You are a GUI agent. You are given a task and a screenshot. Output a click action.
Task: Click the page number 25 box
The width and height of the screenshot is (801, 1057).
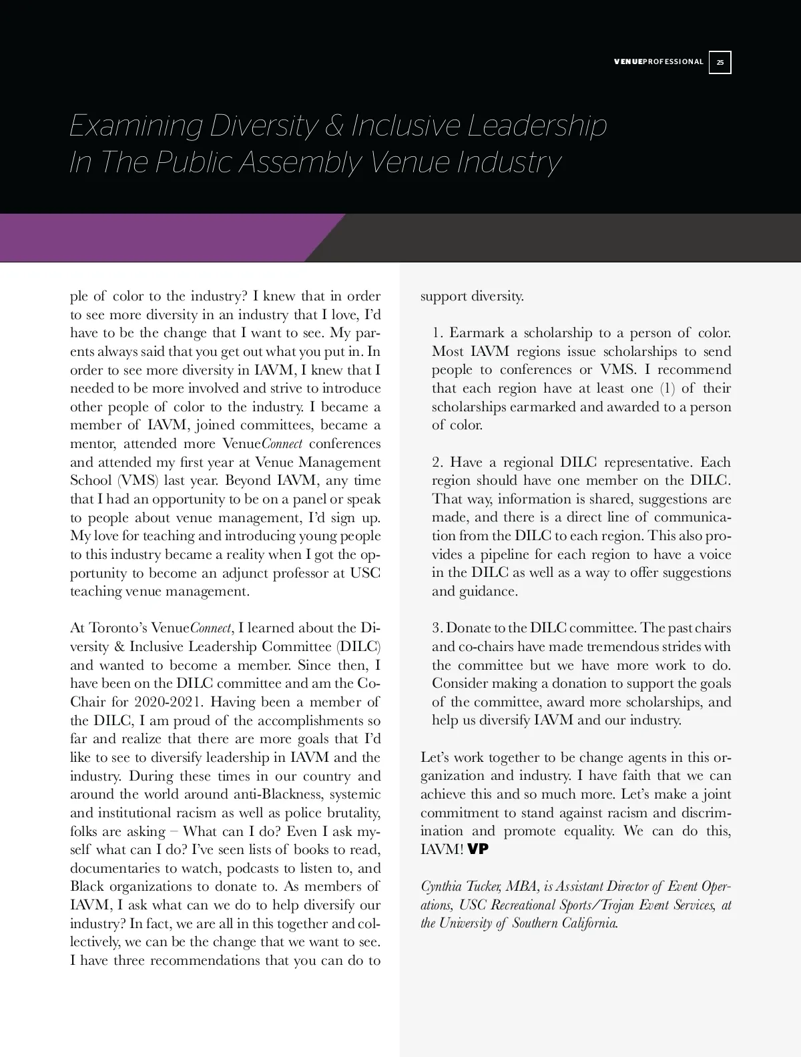(720, 62)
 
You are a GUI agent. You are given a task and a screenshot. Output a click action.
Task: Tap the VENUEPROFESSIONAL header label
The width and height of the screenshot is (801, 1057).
(658, 62)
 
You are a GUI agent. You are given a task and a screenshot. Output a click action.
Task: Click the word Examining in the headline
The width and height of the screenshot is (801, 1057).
(136, 126)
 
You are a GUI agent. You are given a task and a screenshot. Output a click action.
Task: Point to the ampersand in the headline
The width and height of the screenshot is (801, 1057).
(334, 126)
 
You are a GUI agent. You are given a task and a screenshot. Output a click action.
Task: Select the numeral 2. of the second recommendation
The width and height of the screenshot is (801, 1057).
(437, 462)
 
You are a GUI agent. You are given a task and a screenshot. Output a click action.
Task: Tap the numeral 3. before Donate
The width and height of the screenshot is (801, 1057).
(437, 628)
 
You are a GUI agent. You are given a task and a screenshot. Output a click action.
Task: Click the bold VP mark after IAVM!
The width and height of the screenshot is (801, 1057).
(478, 849)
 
